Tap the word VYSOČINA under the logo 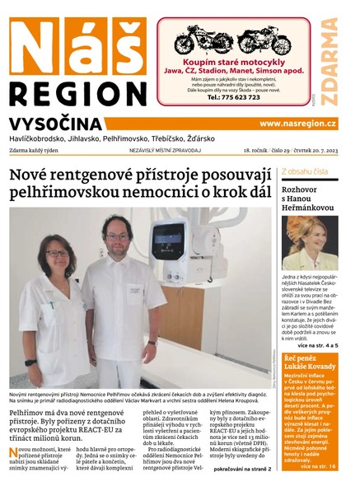pyautogui.click(x=56, y=124)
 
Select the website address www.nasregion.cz pyautogui.click(x=297, y=123)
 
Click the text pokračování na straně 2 pyautogui.click(x=244, y=469)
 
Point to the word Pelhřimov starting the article pyautogui.click(x=26, y=410)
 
